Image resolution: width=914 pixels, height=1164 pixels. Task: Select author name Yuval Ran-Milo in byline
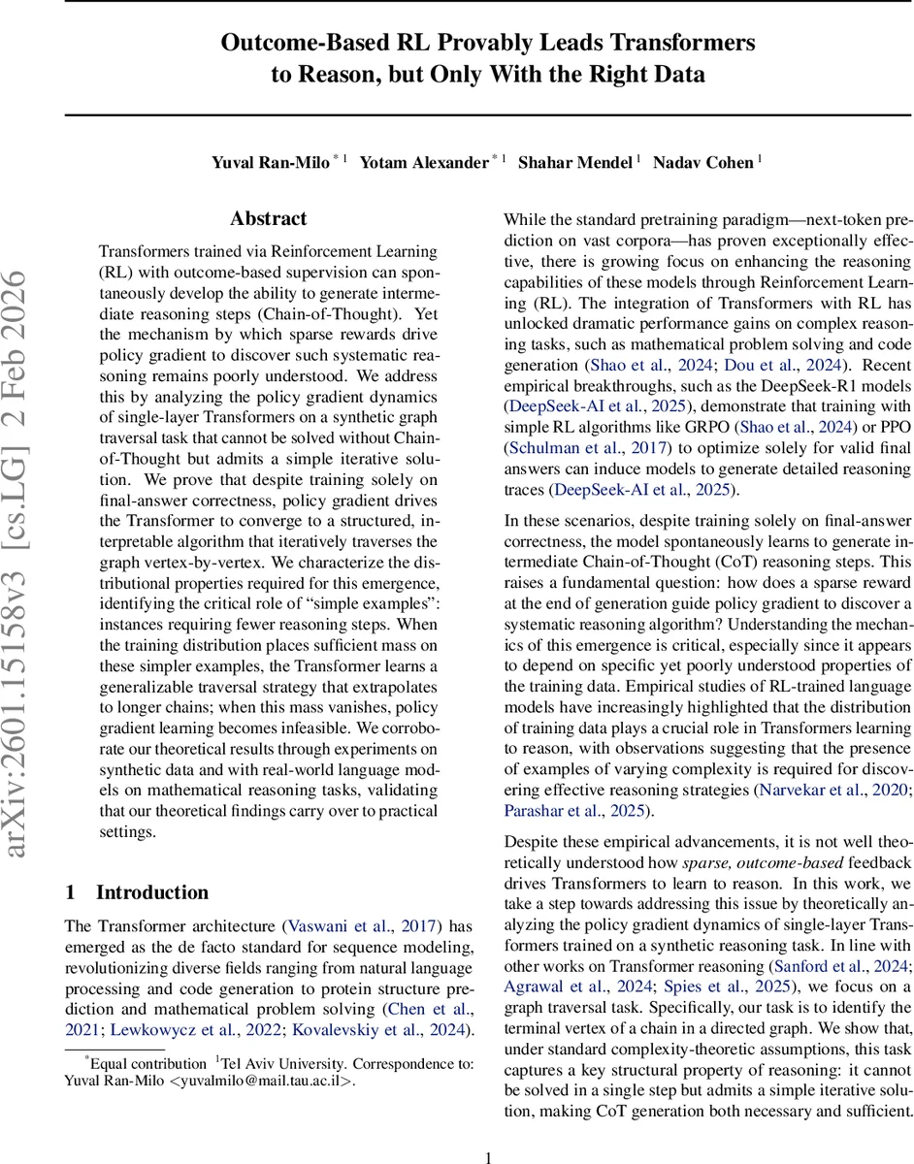pos(271,162)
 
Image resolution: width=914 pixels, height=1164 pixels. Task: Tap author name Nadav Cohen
pos(702,162)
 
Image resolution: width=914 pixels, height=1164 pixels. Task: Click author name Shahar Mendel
pos(574,162)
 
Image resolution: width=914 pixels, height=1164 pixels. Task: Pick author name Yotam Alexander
pos(424,162)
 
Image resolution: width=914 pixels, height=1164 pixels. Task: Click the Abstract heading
pos(268,219)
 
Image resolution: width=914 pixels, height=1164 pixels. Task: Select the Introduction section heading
pos(151,892)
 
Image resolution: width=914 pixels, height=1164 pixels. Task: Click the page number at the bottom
pos(489,1130)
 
